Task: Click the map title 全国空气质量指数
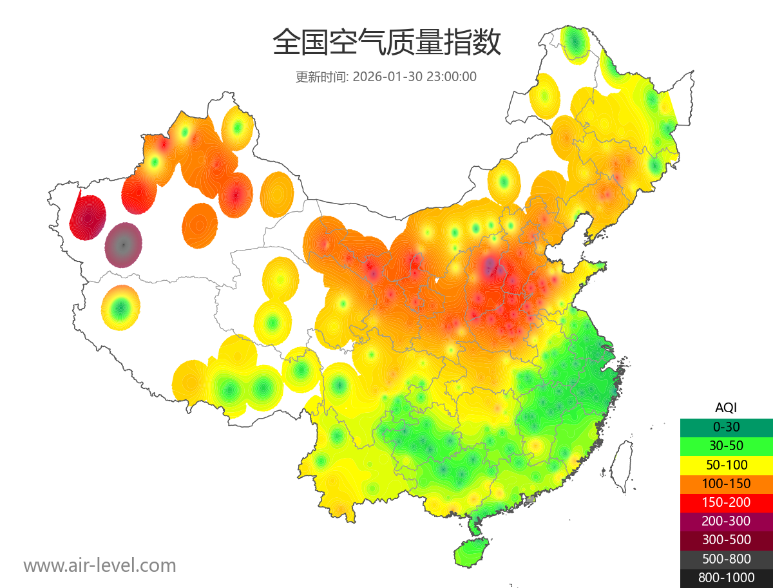[386, 43]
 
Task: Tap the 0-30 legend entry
[726, 427]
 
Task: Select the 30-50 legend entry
[726, 446]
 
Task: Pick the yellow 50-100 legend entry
[726, 464]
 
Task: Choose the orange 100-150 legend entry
[726, 484]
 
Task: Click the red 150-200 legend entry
[726, 502]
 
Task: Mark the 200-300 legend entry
[726, 521]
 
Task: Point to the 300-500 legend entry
[726, 540]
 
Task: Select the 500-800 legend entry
[726, 559]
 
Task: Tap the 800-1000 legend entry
[726, 578]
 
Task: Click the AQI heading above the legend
[726, 408]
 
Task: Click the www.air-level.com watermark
[100, 565]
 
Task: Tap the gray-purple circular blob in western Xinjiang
[124, 245]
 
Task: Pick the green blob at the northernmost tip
[575, 44]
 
